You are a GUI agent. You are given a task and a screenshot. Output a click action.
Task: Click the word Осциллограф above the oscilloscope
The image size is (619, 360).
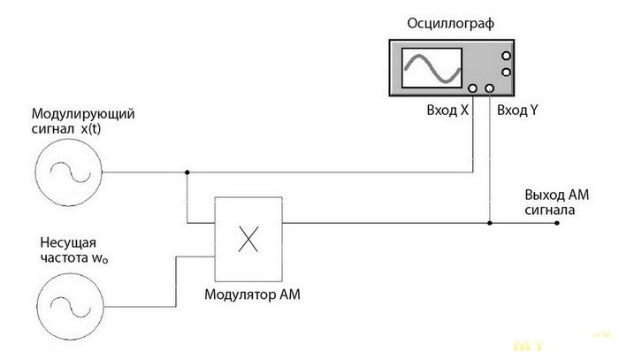point(450,24)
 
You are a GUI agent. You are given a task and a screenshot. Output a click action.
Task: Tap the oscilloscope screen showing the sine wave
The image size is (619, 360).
point(432,68)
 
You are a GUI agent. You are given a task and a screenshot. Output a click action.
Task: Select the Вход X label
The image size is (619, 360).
point(447,111)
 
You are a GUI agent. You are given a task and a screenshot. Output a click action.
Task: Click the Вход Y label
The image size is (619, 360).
point(517,111)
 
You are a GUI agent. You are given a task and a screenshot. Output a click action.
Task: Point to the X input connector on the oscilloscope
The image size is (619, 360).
point(472,88)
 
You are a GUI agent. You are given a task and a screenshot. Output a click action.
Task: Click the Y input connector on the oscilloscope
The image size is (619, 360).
point(490,88)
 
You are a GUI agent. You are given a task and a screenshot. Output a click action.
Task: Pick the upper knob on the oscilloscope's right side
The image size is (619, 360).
point(506,56)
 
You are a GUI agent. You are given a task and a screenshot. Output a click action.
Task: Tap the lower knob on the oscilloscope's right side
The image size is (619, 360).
point(506,73)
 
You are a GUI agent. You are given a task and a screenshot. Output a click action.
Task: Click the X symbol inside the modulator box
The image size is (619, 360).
point(248,239)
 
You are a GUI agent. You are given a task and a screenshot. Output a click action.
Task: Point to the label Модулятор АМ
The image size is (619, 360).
point(252,295)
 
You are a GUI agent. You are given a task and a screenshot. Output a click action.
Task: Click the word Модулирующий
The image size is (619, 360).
point(83,114)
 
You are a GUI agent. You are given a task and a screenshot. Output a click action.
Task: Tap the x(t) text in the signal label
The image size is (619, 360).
point(90,128)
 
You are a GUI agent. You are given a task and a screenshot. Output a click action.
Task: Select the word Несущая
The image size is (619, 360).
point(68,242)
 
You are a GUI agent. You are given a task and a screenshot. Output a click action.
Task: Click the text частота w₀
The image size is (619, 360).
point(74,257)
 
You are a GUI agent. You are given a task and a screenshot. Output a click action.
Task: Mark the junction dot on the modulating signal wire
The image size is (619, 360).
point(187,172)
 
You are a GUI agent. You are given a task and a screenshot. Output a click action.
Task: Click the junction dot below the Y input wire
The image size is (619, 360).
point(490,223)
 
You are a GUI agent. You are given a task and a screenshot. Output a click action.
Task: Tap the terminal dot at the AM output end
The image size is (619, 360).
point(556,223)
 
